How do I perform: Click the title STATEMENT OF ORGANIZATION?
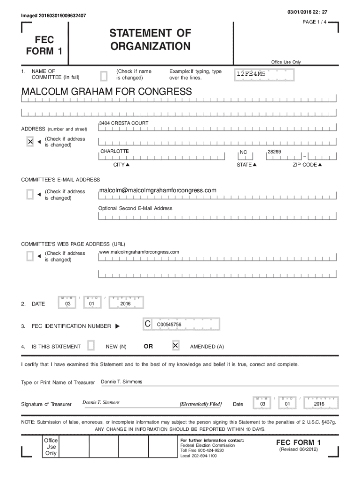150,40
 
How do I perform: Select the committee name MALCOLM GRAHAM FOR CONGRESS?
107,92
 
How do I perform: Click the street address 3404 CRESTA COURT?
124,123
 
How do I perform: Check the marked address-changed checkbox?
30,142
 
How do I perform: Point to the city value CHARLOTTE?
115,152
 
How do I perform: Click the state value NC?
244,152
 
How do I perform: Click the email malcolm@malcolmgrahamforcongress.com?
158,190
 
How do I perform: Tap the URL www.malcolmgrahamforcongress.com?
139,252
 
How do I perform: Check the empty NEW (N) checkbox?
91,346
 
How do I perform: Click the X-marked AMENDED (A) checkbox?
175,346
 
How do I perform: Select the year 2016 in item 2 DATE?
125,304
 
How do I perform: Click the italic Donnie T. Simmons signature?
101,402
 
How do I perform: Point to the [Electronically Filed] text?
201,404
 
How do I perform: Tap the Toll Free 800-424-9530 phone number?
202,450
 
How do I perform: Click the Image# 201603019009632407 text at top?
53,16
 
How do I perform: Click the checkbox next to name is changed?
104,75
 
